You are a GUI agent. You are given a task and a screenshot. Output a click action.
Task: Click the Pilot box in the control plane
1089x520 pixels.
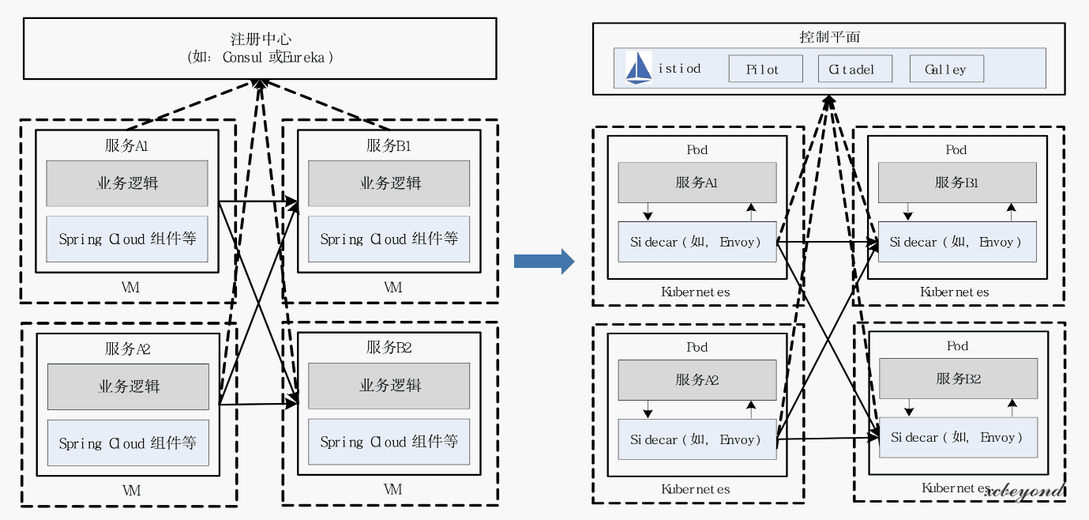coord(765,69)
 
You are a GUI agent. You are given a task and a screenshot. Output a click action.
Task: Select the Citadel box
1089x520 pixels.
coord(854,69)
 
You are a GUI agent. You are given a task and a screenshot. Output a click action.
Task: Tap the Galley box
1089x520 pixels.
coord(947,69)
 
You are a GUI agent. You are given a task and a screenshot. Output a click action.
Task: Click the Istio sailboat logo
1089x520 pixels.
coord(638,69)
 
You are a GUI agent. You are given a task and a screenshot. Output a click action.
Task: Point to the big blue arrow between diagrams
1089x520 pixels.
coord(544,261)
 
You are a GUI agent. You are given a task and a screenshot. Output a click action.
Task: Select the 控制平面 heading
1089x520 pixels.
coord(829,36)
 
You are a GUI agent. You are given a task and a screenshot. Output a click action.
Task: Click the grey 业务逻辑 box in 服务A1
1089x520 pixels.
coord(127,183)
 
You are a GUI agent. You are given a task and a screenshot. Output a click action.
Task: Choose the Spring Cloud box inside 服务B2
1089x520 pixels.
coord(389,442)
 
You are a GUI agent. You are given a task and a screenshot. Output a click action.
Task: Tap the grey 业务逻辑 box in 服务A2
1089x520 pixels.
coord(129,386)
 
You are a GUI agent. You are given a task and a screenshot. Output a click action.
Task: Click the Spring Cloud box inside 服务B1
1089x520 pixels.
coord(389,239)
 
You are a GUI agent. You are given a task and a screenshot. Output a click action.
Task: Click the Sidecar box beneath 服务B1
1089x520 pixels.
coord(956,242)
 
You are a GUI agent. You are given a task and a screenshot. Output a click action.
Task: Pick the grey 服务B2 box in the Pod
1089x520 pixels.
coord(958,379)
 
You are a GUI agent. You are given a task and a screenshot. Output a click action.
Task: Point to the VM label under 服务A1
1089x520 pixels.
coord(131,288)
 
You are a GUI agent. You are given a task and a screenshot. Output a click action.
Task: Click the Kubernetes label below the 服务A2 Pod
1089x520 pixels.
coord(696,489)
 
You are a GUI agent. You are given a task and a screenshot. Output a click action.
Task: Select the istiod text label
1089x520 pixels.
coord(679,69)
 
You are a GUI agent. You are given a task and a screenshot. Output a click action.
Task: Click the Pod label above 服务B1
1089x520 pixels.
coord(956,149)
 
